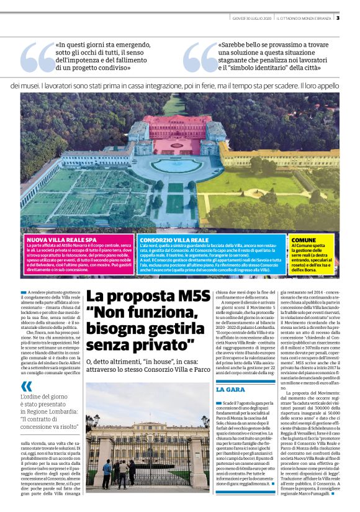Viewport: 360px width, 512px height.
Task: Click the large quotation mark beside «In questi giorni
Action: tap(37, 57)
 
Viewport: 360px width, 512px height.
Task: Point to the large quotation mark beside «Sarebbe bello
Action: tap(200, 57)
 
